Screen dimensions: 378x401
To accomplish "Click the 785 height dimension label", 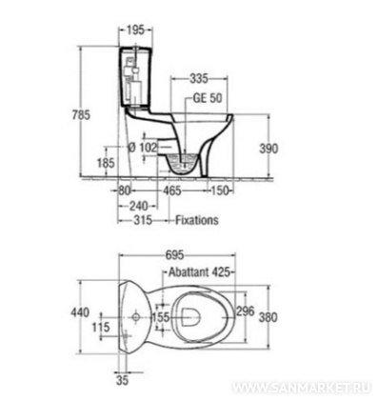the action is pos(81,114).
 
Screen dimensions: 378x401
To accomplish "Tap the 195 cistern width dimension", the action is pos(135,30).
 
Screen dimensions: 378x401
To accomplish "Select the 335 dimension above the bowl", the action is pos(199,78).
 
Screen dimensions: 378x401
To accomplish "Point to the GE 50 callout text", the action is pos(208,98).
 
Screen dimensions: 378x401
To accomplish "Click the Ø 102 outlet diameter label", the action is pos(142,148).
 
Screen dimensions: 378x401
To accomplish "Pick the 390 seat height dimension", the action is pos(269,149).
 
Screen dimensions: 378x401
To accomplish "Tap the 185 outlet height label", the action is pos(106,163).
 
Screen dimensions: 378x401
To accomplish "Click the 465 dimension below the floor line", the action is pos(172,190).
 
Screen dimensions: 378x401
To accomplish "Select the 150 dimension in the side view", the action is pos(220,190).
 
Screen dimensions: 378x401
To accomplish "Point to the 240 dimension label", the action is pos(139,206).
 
